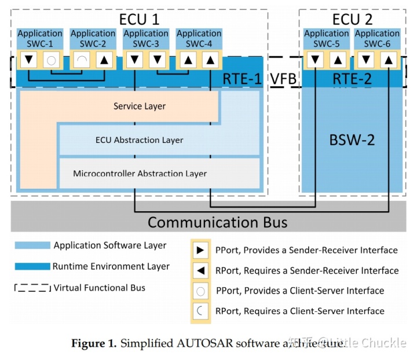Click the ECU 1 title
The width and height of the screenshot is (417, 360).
pyautogui.click(x=139, y=19)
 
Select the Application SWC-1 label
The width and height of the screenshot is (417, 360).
pyautogui.click(x=39, y=39)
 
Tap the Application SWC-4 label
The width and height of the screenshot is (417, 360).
pyautogui.click(x=199, y=39)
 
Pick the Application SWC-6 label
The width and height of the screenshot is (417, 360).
pyautogui.click(x=378, y=39)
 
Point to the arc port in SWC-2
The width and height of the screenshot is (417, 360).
pyautogui.click(x=82, y=59)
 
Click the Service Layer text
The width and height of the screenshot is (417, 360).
pyautogui.click(x=139, y=106)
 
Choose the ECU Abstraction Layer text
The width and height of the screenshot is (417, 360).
pyautogui.click(x=139, y=140)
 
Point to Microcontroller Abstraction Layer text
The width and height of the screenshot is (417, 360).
pyautogui.click(x=140, y=173)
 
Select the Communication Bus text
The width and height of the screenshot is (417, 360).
pyautogui.click(x=217, y=222)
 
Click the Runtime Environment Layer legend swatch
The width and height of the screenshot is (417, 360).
pyautogui.click(x=32, y=267)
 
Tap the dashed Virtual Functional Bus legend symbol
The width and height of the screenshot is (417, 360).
pyautogui.click(x=32, y=288)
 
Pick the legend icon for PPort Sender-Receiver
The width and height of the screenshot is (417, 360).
pyautogui.click(x=199, y=251)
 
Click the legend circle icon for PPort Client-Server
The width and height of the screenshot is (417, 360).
pyautogui.click(x=199, y=291)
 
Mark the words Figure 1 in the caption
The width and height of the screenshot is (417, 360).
pyautogui.click(x=93, y=344)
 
